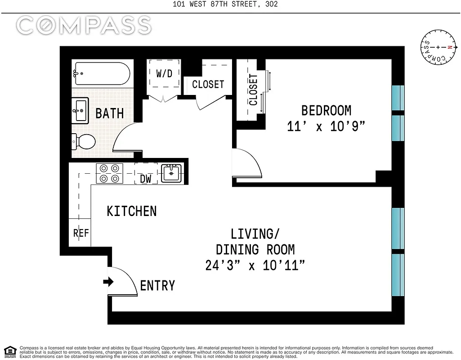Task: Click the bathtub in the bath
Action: point(102,73)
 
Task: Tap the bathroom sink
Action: point(81,111)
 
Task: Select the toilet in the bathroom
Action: point(84,143)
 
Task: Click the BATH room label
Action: point(109,113)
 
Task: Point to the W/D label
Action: point(164,73)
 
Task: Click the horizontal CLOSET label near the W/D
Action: point(208,84)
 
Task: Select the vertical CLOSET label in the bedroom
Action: point(253,90)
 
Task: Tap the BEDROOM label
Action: point(326,110)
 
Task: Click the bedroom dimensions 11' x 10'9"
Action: point(326,126)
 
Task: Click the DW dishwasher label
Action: point(146,179)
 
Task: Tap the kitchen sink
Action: point(171,173)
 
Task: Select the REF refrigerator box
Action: point(81,233)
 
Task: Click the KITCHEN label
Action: point(131,211)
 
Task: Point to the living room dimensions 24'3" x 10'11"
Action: point(255,265)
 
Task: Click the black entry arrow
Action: point(108,282)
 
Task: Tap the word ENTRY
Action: point(157,285)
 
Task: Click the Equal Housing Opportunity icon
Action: point(10,351)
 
